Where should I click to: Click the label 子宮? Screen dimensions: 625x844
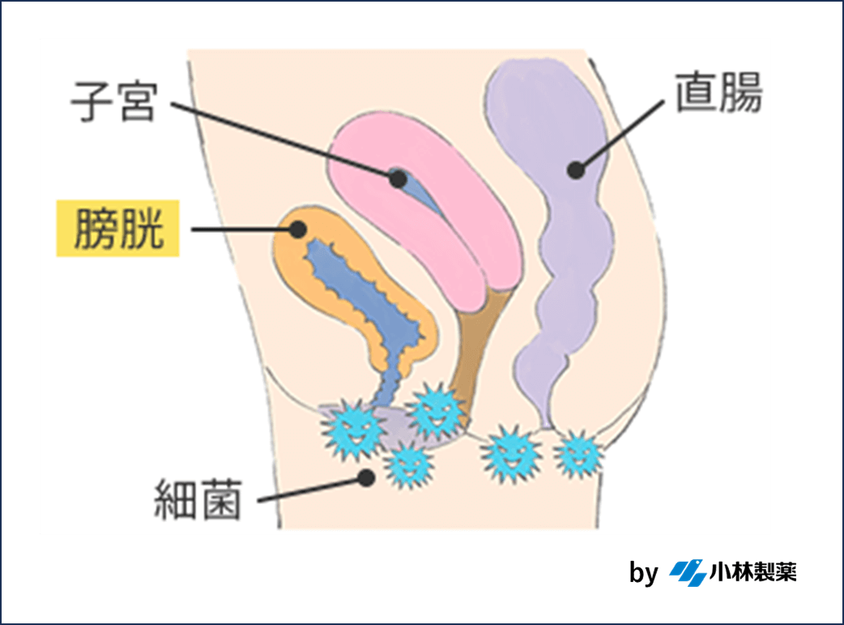coord(113,101)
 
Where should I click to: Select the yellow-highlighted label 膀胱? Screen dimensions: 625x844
coord(117,229)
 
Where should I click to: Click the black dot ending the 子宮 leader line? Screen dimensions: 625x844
coord(397,178)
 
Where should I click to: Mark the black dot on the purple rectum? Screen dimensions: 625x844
coord(576,169)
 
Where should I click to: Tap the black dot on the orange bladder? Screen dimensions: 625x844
coord(298,229)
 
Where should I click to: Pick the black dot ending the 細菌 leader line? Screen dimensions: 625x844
coord(366,477)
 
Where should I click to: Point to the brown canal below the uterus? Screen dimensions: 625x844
coord(478,340)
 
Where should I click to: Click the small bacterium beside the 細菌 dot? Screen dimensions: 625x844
coord(407,465)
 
